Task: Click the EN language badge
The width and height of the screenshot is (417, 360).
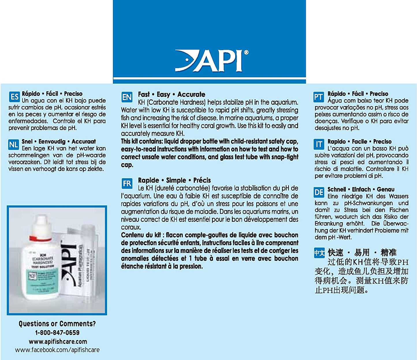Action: click(x=127, y=97)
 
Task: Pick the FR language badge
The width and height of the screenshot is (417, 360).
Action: click(x=127, y=183)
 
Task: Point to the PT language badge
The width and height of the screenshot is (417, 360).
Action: click(x=319, y=97)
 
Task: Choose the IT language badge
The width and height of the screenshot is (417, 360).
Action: click(x=319, y=144)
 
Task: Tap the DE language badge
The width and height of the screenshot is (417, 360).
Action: click(x=319, y=192)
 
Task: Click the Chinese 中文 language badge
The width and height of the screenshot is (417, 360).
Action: click(x=319, y=253)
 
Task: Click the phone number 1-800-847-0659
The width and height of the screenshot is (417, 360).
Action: click(x=57, y=333)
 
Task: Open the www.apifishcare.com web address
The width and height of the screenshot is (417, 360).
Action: click(x=58, y=342)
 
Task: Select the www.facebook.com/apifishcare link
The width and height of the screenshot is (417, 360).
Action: click(x=57, y=350)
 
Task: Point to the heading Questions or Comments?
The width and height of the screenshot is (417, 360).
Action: click(x=57, y=324)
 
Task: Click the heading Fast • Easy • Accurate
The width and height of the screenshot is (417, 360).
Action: click(x=171, y=94)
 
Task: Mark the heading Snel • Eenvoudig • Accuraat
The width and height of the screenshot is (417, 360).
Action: click(x=59, y=142)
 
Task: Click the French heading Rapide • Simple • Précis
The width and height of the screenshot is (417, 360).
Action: click(x=174, y=180)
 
